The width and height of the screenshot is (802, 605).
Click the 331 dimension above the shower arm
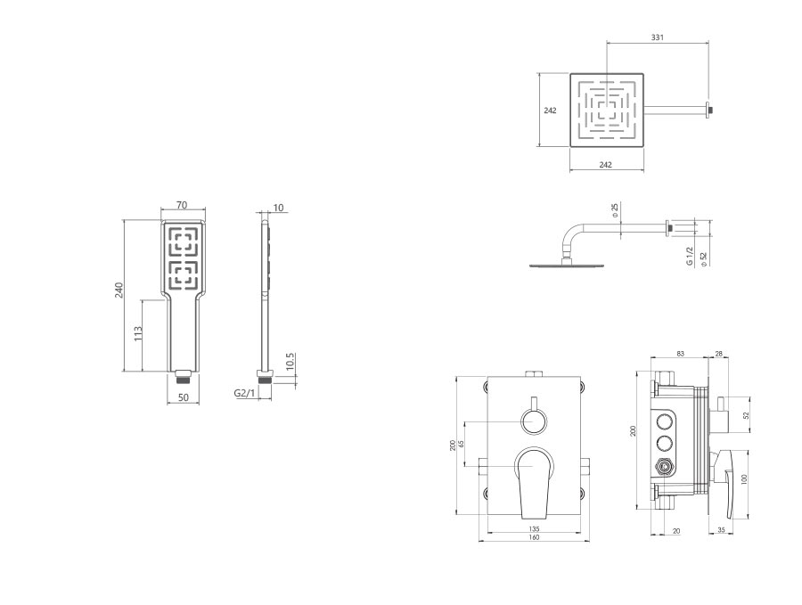coord(658,37)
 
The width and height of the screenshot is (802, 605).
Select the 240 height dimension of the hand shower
coord(119,290)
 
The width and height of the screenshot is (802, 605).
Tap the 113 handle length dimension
coord(137,334)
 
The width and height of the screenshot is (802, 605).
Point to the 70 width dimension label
coord(182,205)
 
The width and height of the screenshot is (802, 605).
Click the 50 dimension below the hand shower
coord(183,397)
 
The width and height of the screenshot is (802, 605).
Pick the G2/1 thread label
coord(244,393)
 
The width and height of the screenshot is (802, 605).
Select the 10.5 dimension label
coord(291,362)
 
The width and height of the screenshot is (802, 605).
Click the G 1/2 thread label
coord(690,257)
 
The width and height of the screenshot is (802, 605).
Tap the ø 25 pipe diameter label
coord(615,210)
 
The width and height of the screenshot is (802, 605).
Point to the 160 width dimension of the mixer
coord(534,537)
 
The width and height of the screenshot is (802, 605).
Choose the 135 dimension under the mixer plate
coord(534,529)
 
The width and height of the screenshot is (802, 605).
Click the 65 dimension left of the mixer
coord(462,444)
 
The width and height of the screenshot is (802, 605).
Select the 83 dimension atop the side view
coord(680,354)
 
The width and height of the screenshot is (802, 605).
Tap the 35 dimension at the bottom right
coord(721,530)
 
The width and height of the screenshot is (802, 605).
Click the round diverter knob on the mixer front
coord(534,422)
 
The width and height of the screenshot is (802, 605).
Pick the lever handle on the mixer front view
coord(534,482)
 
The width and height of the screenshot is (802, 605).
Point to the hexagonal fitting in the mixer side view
coord(665,466)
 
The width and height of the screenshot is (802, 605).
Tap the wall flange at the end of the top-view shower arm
coord(709,110)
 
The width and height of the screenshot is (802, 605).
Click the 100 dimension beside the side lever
coord(744,479)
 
